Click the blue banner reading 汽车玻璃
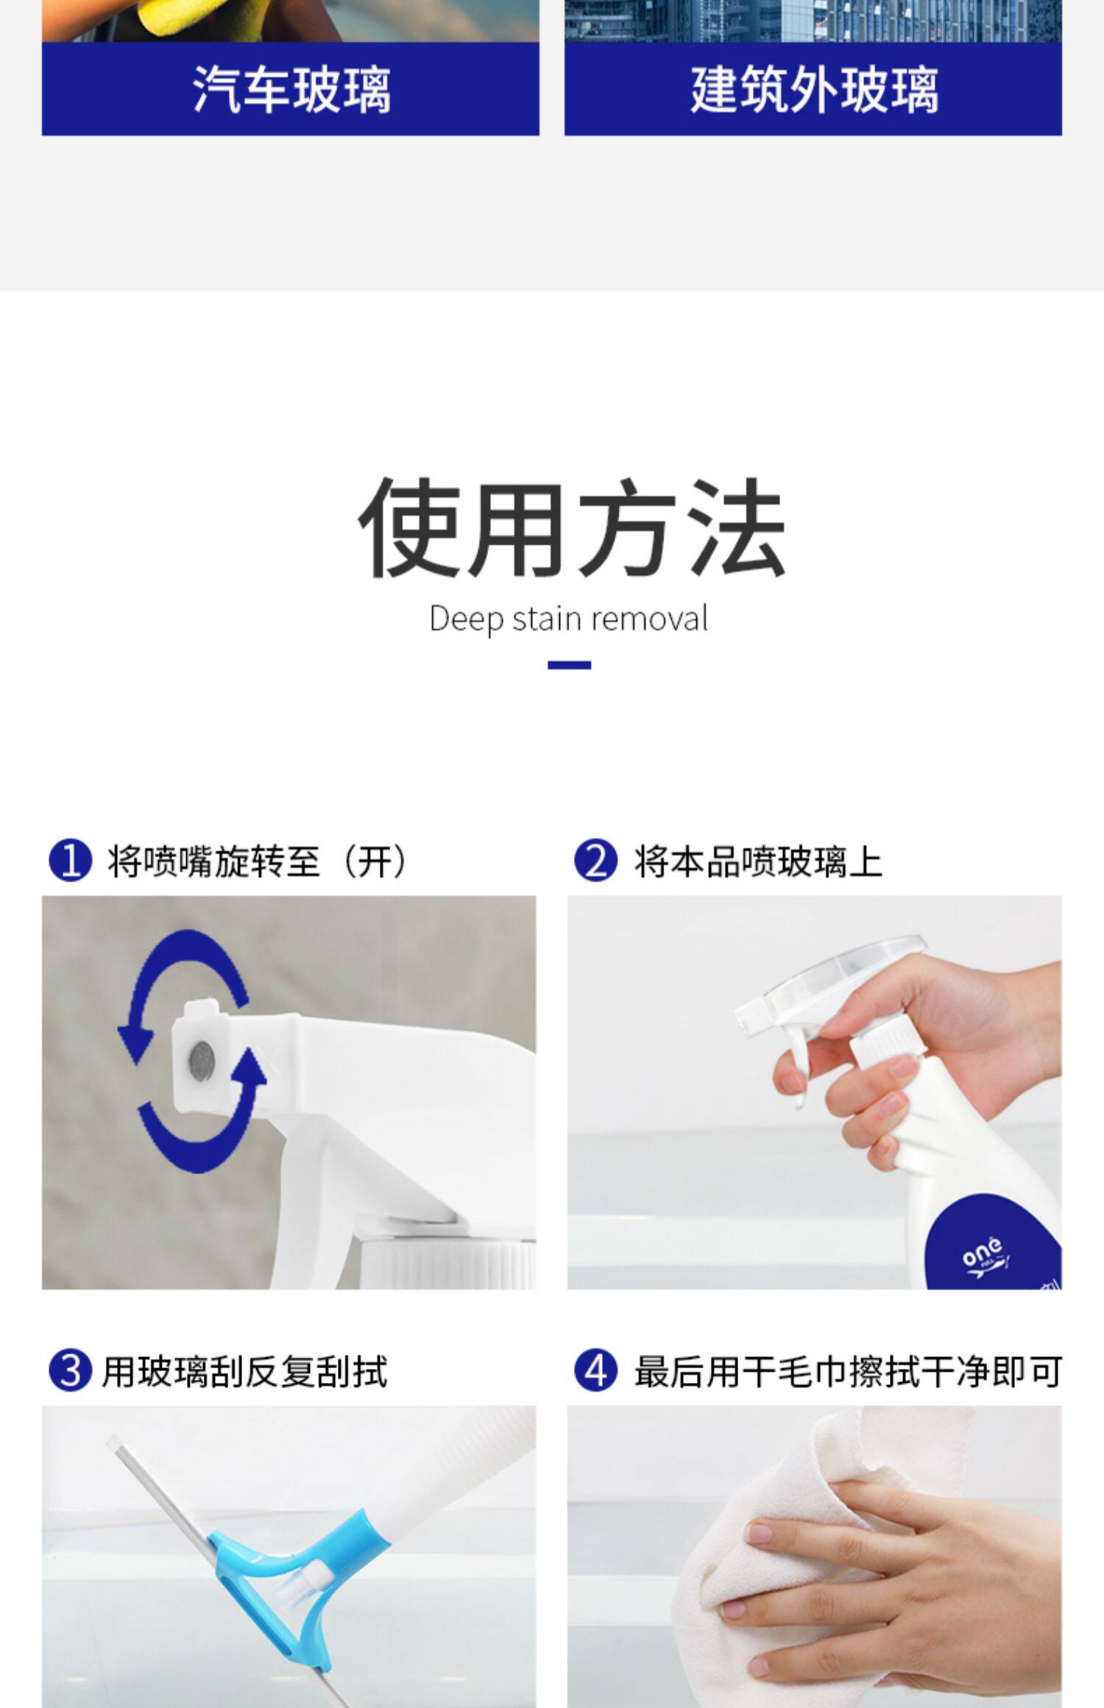click(290, 89)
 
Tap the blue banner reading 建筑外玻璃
click(813, 89)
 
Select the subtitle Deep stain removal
click(569, 619)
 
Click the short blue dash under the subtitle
click(569, 665)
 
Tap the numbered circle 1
click(71, 861)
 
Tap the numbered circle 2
click(595, 861)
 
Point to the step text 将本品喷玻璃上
click(758, 861)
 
